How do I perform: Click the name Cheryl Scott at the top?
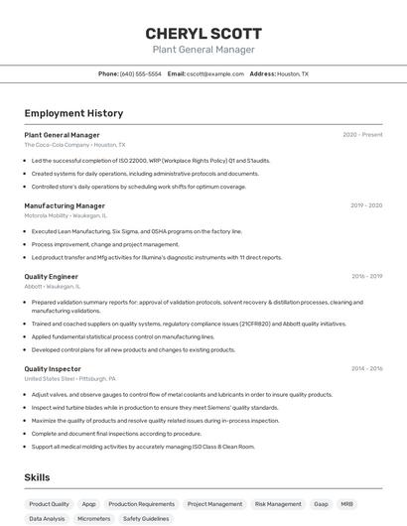(203, 33)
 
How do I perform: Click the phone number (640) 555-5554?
(140, 73)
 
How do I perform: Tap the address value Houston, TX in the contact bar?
(293, 73)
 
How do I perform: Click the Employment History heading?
(73, 113)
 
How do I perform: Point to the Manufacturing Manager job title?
(65, 205)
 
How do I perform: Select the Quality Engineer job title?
(51, 277)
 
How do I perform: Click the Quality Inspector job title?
(53, 369)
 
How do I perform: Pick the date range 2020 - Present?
(362, 135)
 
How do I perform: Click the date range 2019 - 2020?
(366, 205)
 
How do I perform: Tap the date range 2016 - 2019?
(366, 277)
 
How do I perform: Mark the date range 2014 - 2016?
(366, 369)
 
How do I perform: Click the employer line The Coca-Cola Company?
(74, 145)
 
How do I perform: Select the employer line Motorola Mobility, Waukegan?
(66, 215)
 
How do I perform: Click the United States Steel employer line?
(69, 379)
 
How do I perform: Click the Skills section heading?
(37, 477)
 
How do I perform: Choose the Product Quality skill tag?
(49, 504)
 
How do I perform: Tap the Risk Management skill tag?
(278, 504)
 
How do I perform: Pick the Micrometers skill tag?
(93, 518)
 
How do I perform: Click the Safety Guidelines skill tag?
(146, 518)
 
